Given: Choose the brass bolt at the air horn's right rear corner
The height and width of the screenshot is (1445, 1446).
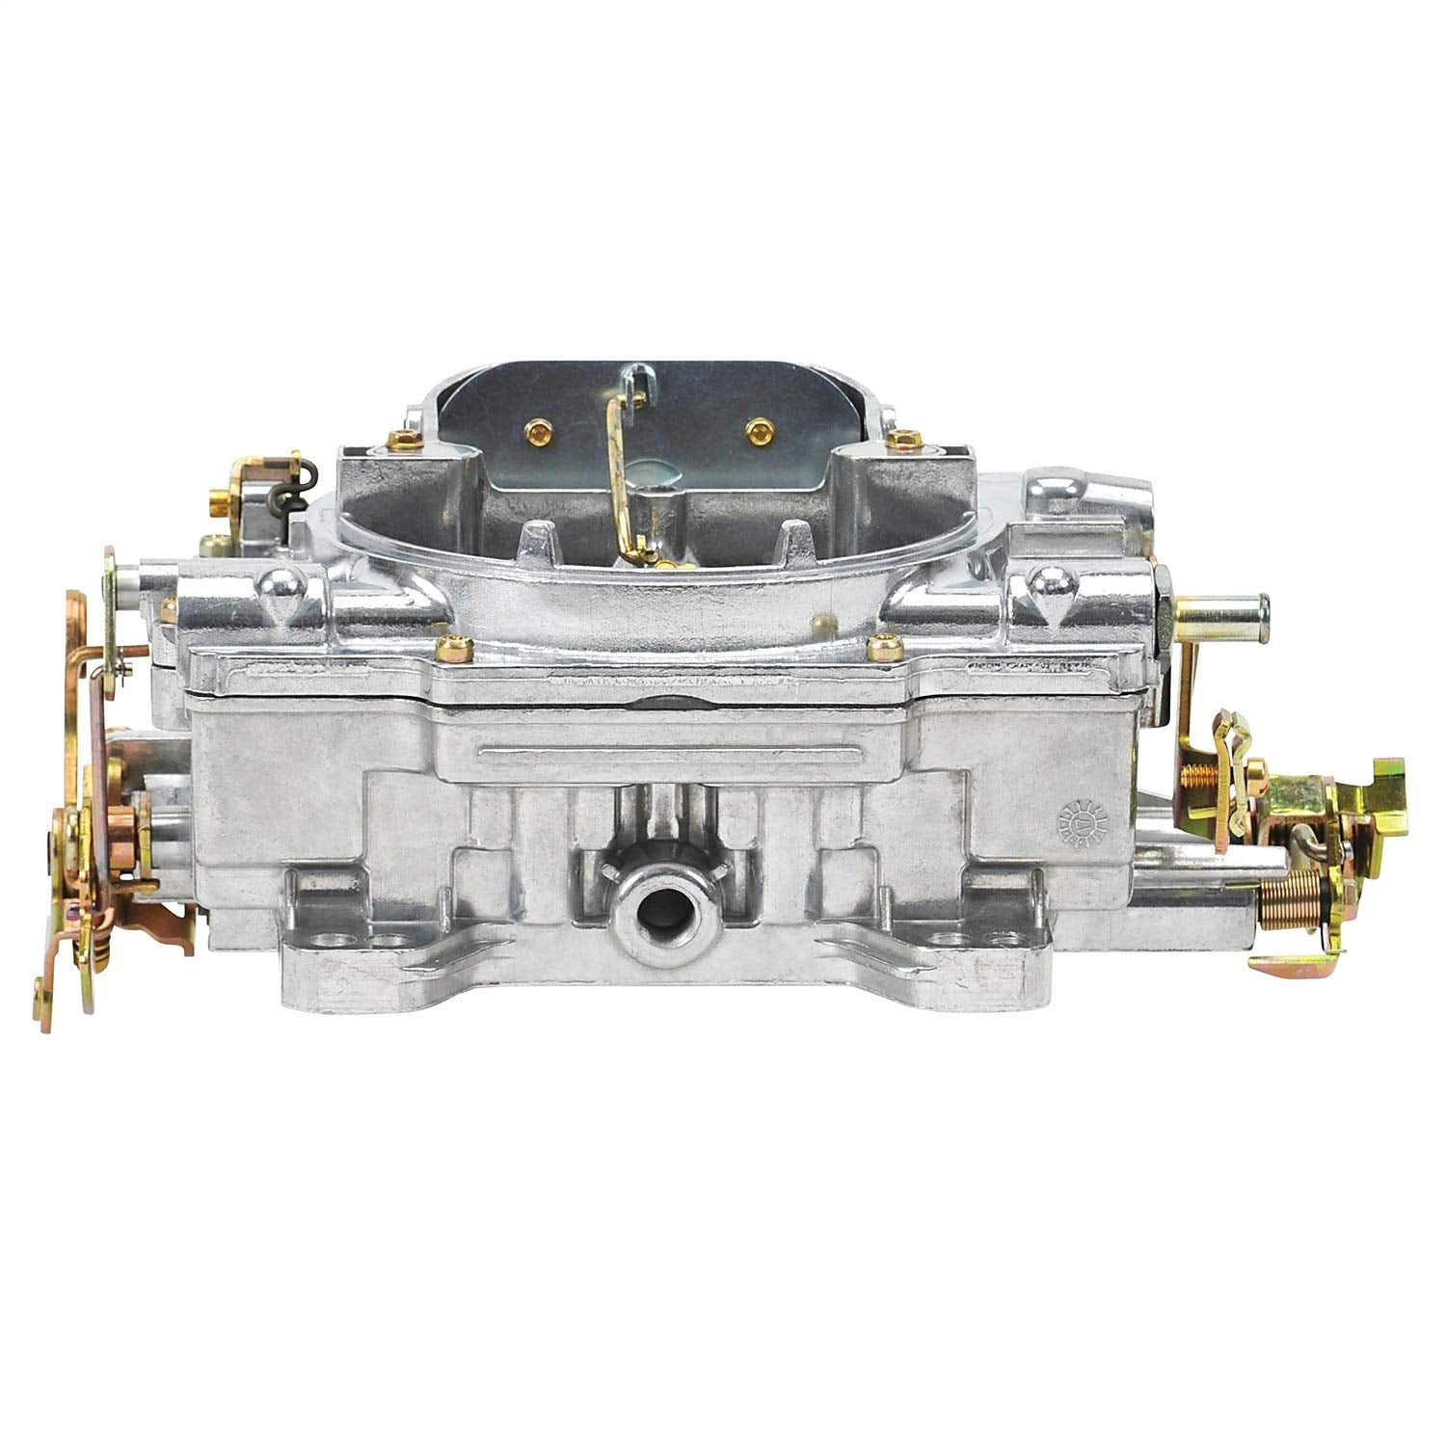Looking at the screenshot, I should [903, 439].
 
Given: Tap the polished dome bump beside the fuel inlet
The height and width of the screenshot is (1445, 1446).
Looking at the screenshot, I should [1046, 581].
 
